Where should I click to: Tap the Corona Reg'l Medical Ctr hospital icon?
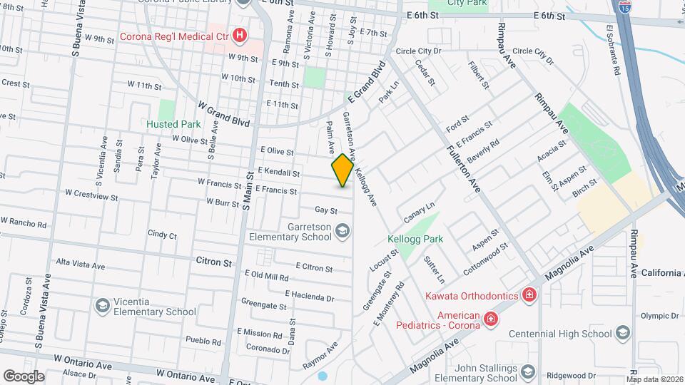(241, 35)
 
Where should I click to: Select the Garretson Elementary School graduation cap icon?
(342, 230)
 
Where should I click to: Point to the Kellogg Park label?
(415, 239)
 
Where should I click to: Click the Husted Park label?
(173, 124)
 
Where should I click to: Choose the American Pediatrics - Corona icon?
(491, 318)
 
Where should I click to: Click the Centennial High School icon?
(623, 334)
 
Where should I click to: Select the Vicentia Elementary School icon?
(102, 306)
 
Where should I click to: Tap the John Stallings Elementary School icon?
(528, 371)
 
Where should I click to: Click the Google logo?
(24, 376)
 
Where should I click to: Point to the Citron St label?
(214, 262)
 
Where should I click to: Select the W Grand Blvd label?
(225, 114)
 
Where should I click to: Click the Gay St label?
(325, 210)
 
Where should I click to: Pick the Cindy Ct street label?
(162, 235)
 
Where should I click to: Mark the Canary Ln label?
(419, 212)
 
